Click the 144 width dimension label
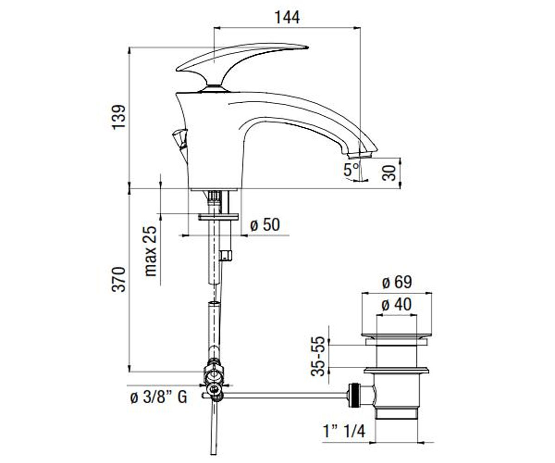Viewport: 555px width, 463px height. (x=287, y=17)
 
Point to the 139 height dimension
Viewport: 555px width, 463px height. (x=118, y=117)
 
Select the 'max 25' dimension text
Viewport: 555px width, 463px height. (x=150, y=251)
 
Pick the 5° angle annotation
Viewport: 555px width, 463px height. (x=351, y=169)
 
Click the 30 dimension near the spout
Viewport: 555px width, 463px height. (x=389, y=173)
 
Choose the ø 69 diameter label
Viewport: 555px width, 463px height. (x=397, y=282)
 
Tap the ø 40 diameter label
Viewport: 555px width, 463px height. (x=396, y=304)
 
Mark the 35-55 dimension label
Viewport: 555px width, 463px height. (x=318, y=357)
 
